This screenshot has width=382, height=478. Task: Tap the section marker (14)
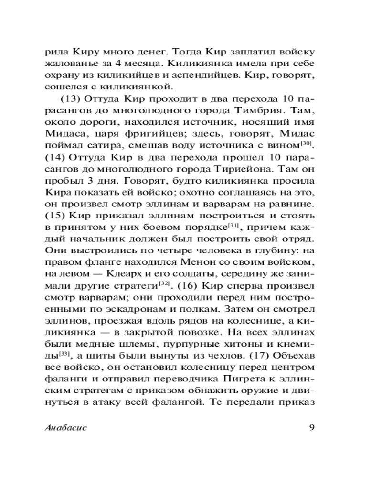(x=54, y=156)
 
